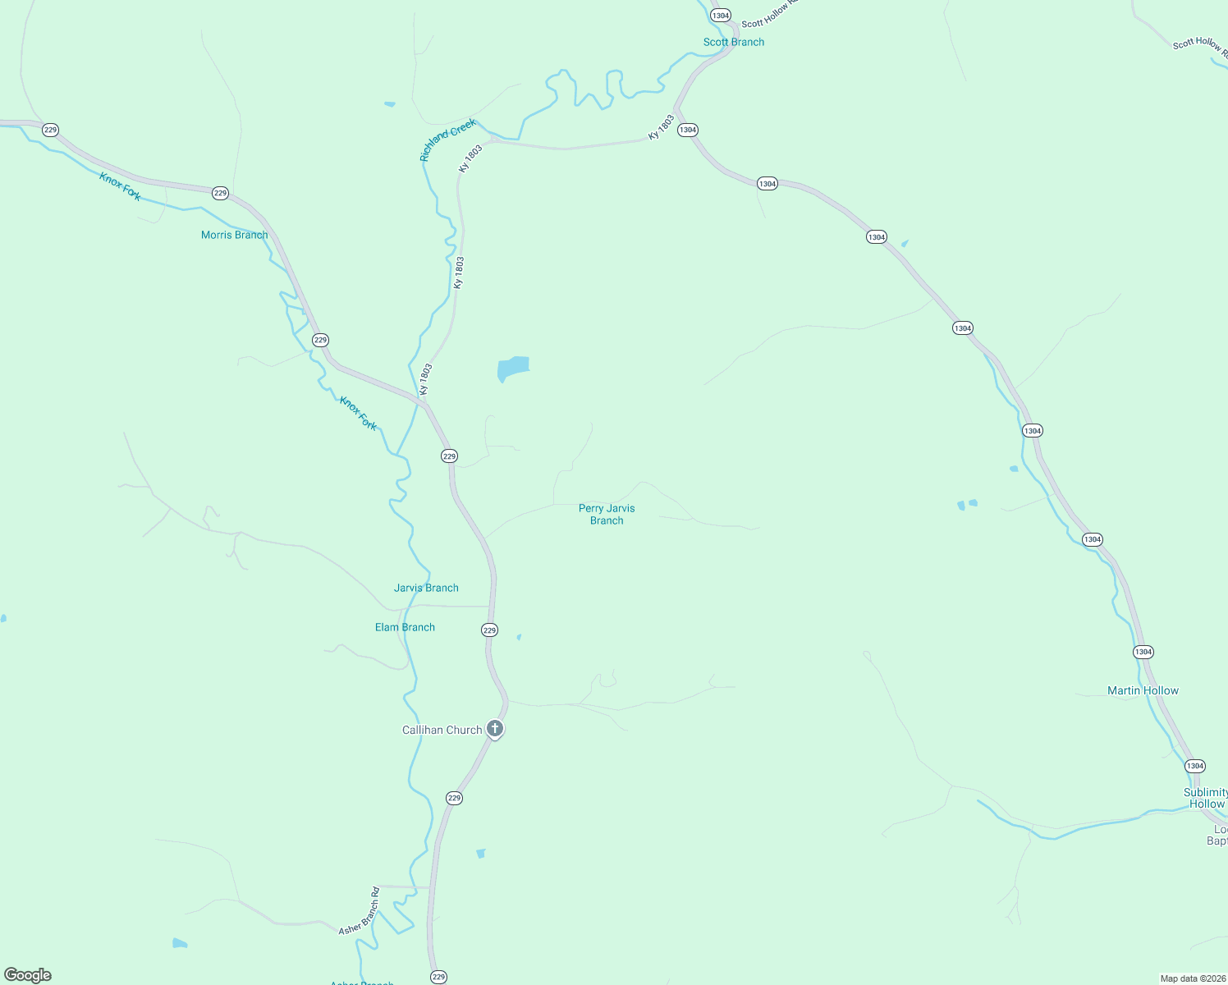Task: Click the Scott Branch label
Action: pyautogui.click(x=733, y=42)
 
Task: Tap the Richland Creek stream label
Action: pyautogui.click(x=447, y=140)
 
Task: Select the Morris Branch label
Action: pyautogui.click(x=234, y=235)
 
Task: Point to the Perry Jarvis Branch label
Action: pyautogui.click(x=607, y=514)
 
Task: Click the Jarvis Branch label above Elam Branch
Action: pyautogui.click(x=426, y=588)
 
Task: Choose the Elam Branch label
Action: pyautogui.click(x=405, y=627)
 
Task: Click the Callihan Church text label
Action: pyautogui.click(x=442, y=730)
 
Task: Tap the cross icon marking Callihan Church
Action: pyautogui.click(x=495, y=728)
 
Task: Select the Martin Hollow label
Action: pyautogui.click(x=1143, y=690)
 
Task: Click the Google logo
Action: pyautogui.click(x=28, y=975)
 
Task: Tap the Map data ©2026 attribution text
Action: pyautogui.click(x=1193, y=978)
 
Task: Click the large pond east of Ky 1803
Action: pyautogui.click(x=512, y=368)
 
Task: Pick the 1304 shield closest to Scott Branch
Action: pyautogui.click(x=721, y=16)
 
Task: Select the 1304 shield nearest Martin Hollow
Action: pyautogui.click(x=1143, y=652)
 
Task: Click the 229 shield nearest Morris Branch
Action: pyautogui.click(x=220, y=193)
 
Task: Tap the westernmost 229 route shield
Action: pyautogui.click(x=51, y=130)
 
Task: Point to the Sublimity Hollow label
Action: pyautogui.click(x=1206, y=798)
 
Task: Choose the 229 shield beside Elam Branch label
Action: pyautogui.click(x=489, y=630)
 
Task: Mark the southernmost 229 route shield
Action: pyautogui.click(x=438, y=976)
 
